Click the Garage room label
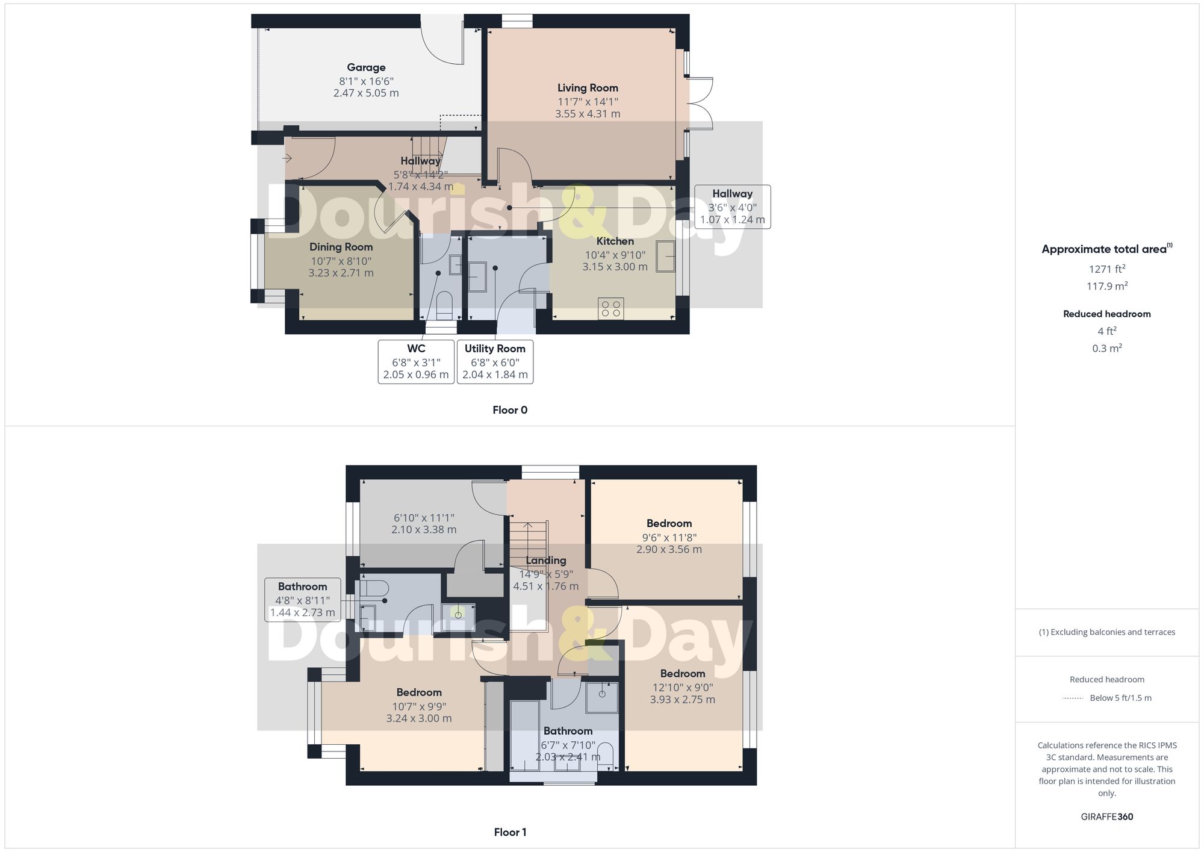click(x=366, y=67)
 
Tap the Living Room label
click(x=588, y=88)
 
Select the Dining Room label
click(x=341, y=247)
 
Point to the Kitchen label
click(x=615, y=241)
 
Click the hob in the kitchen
click(x=611, y=309)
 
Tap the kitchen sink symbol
click(x=665, y=257)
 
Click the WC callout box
click(x=416, y=361)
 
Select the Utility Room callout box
click(x=495, y=361)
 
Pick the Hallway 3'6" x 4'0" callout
click(x=732, y=207)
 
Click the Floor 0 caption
click(x=510, y=410)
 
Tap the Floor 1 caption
click(x=510, y=832)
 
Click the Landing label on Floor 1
click(x=545, y=560)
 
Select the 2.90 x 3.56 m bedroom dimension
click(x=669, y=549)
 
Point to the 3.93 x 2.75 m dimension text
click(x=683, y=700)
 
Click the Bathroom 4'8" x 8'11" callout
click(x=302, y=600)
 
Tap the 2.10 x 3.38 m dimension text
click(x=424, y=530)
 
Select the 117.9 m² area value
click(x=1107, y=286)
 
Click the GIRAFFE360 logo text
click(x=1107, y=817)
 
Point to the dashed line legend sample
click(x=1073, y=698)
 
